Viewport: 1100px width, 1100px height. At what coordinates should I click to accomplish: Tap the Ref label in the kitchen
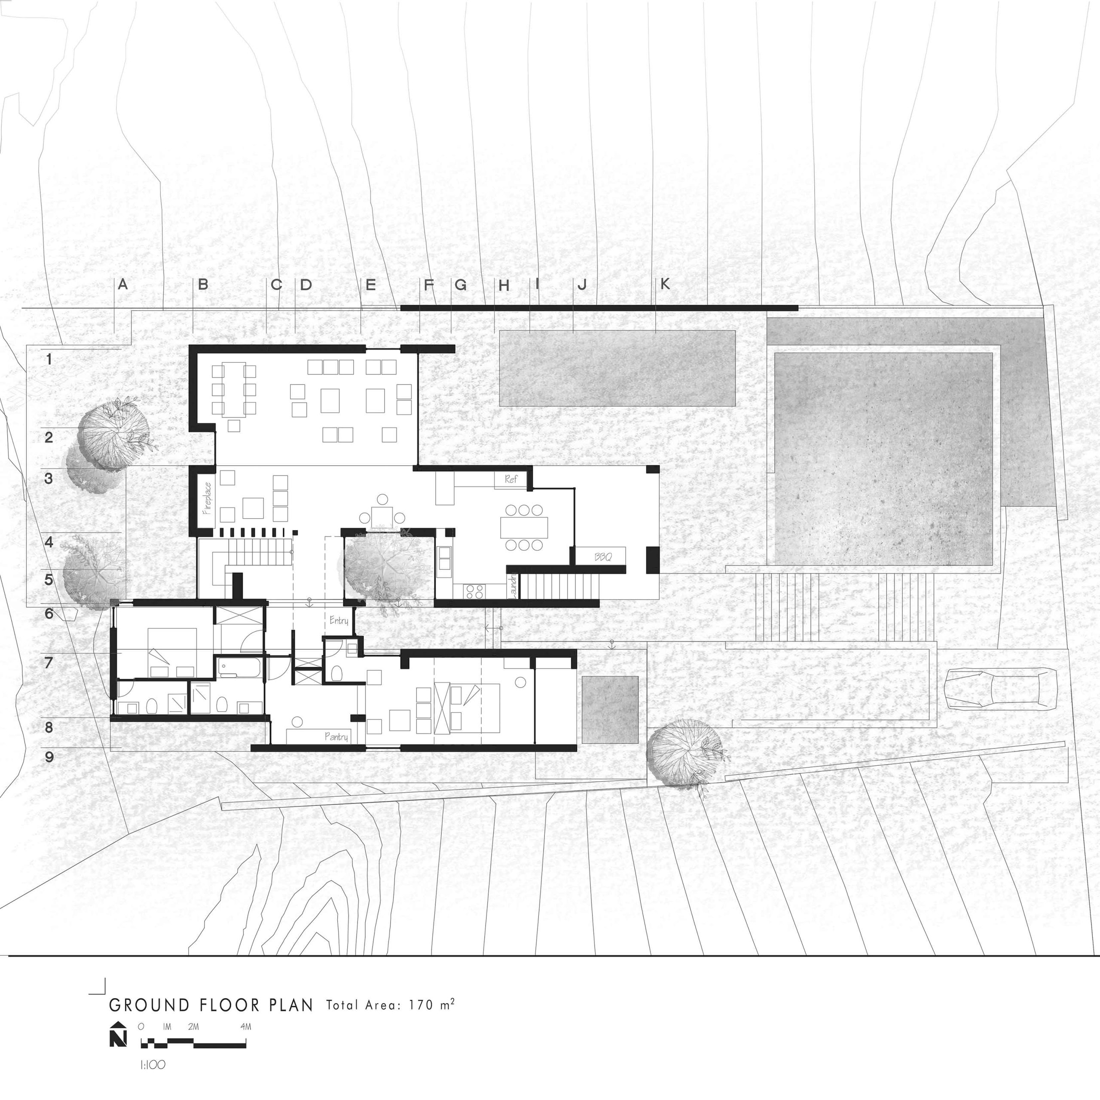(511, 480)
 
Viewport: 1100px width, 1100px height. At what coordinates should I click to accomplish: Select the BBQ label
(603, 556)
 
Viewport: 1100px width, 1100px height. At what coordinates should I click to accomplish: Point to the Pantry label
(336, 737)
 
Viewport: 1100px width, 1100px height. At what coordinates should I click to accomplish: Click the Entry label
(339, 620)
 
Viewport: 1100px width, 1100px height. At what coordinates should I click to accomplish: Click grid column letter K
(665, 284)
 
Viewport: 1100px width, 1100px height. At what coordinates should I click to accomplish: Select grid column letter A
(122, 284)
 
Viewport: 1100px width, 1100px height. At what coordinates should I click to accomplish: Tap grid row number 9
(49, 757)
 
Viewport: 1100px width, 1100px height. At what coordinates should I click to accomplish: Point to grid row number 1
(49, 359)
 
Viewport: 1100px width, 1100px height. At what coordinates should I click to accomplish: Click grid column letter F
(428, 284)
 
